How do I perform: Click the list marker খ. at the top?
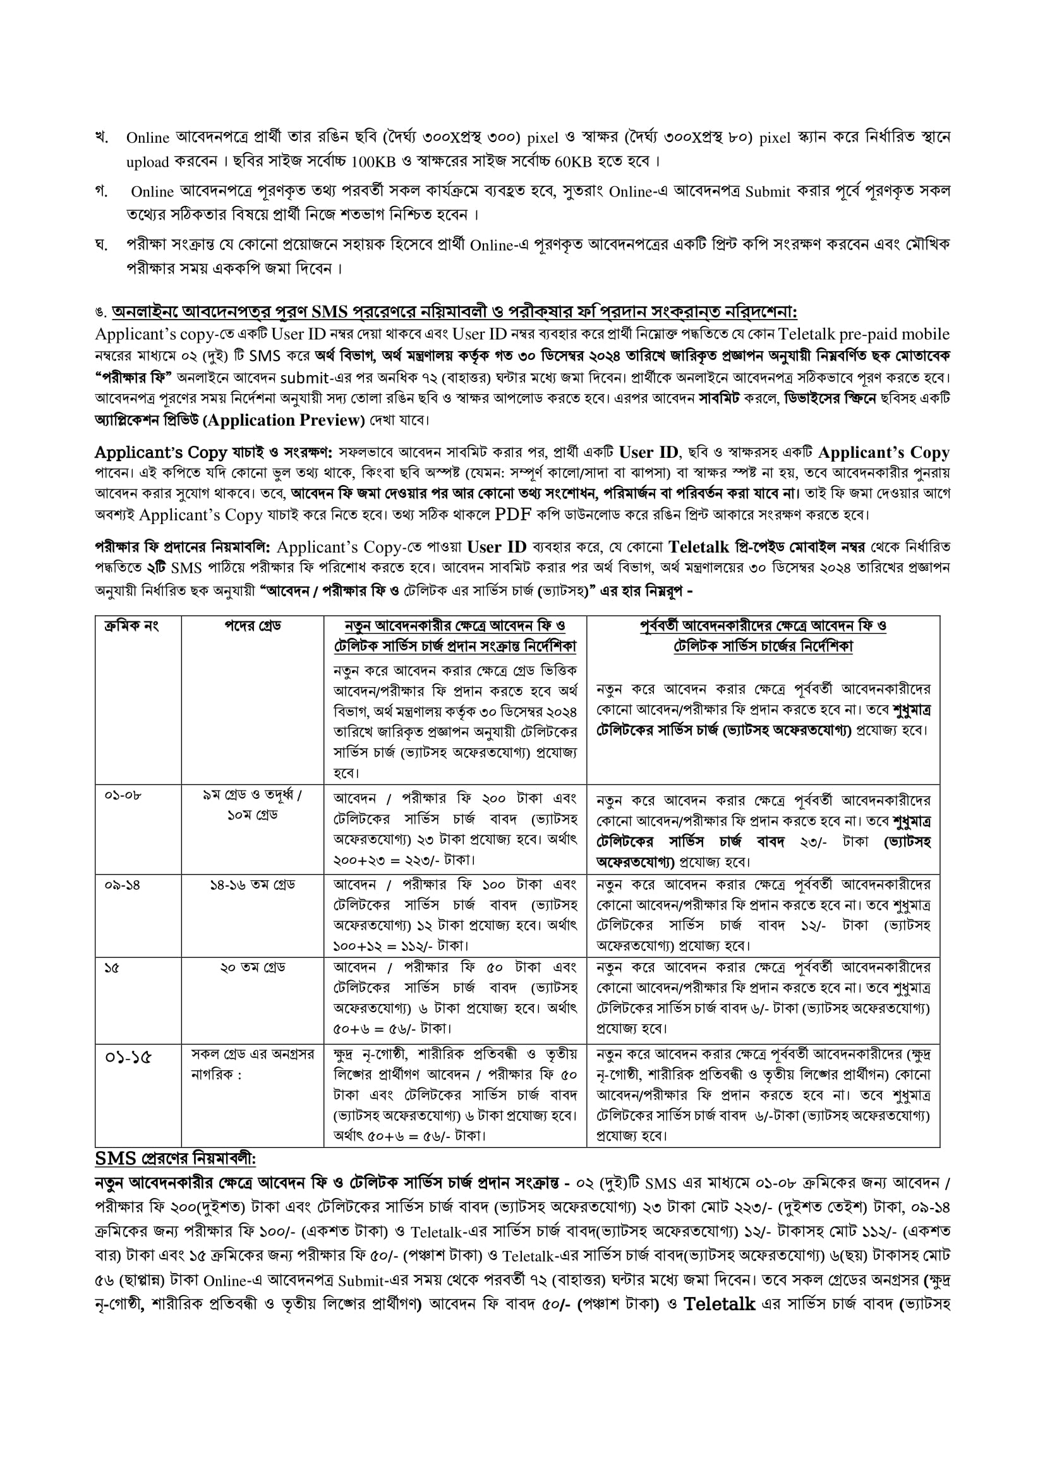[101, 137]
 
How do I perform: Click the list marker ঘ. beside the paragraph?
[101, 244]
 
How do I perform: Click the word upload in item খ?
[147, 162]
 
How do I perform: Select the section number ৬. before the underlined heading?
[100, 313]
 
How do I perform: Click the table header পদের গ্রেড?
[252, 625]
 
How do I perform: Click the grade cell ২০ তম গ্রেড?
[252, 967]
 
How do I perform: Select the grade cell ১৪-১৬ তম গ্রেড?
[252, 885]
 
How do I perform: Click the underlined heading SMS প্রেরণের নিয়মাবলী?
[175, 1159]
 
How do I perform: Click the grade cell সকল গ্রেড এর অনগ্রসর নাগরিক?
[252, 1064]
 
